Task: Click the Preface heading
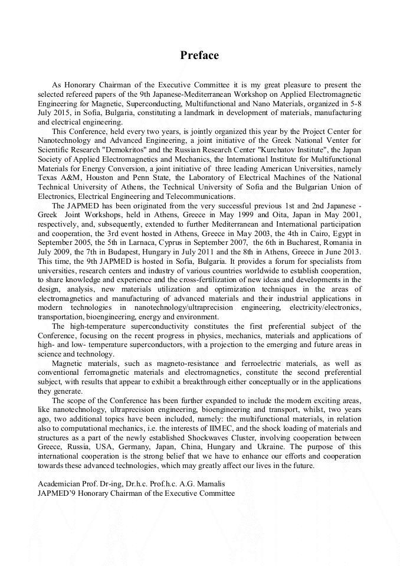tap(199, 55)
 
